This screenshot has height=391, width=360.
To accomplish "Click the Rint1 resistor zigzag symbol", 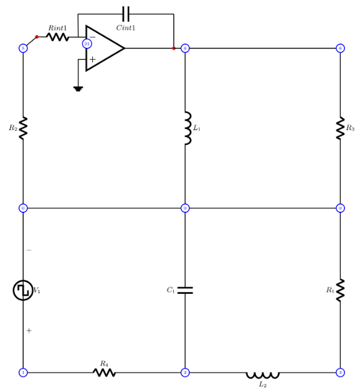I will (57, 37).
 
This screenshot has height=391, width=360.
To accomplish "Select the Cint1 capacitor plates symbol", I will (126, 14).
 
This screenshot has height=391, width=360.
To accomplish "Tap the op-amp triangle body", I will (104, 48).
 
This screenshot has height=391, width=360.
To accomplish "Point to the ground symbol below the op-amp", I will (78, 88).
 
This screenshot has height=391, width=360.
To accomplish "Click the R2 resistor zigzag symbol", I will (23, 128).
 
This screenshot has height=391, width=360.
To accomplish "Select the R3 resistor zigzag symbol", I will (340, 128).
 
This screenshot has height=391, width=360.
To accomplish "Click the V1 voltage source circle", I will (23, 290).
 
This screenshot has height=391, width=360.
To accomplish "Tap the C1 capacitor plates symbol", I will (185, 290).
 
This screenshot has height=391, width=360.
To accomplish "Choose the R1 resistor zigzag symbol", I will (340, 290).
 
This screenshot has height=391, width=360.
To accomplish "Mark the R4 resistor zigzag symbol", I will (104, 372).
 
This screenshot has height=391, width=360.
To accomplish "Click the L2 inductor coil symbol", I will (262, 374).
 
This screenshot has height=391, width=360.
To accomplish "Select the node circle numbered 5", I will (23, 48).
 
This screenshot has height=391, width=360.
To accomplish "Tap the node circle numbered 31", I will (87, 44).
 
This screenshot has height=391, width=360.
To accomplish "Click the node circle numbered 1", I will (23, 372).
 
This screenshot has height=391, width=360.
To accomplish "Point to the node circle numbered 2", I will (185, 372).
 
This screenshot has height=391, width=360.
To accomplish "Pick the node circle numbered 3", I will (340, 372).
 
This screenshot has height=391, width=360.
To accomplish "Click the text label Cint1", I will (125, 28).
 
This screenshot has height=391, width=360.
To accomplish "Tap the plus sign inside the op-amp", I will (92, 59).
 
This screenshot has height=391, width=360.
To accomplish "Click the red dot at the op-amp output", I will (174, 48).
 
